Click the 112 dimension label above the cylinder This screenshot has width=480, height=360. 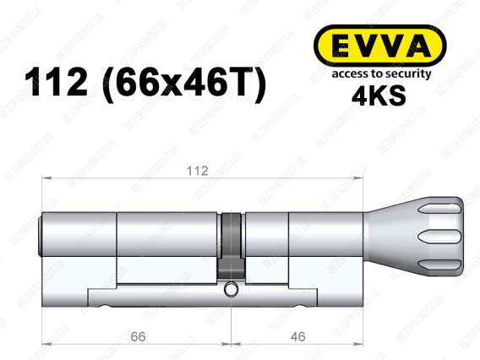[197, 171]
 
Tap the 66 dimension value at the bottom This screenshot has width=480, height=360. [138, 336]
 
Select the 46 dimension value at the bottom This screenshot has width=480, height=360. [297, 336]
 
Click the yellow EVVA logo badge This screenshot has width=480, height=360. [380, 46]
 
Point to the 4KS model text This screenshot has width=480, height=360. [379, 95]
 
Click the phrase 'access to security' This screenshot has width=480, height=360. [381, 74]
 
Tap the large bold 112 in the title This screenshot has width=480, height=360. [56, 82]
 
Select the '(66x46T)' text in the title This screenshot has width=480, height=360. [184, 85]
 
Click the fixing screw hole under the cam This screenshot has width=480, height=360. [230, 289]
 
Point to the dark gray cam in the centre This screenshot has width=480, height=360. [231, 246]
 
